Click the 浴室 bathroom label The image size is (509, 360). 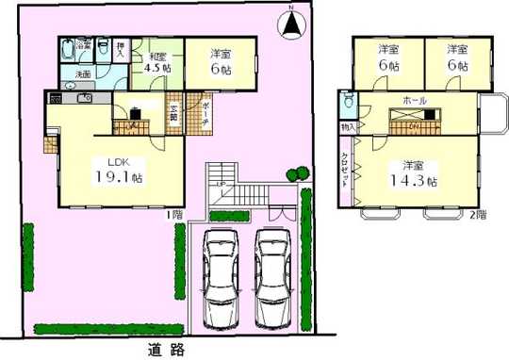(x=83, y=44)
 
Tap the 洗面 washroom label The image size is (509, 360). (x=83, y=74)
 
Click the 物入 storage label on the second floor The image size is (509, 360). (x=347, y=125)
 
